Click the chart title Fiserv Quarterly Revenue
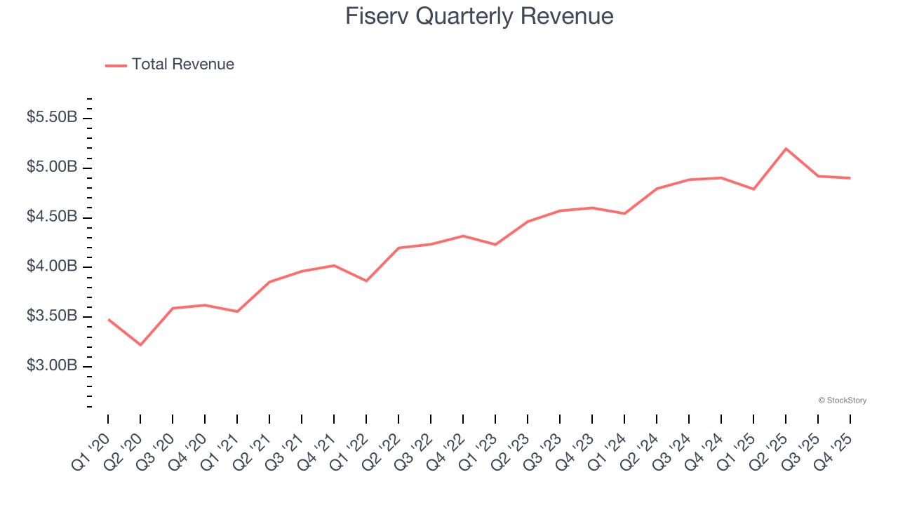tap(479, 16)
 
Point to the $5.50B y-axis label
tap(51, 118)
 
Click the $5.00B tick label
tap(51, 168)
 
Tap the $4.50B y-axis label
tap(51, 217)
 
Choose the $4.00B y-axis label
tap(51, 267)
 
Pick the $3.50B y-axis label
tap(51, 317)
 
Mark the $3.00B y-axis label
tap(51, 367)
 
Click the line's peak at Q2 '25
tap(786, 149)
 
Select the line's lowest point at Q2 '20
tap(140, 345)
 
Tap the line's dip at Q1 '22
tap(366, 281)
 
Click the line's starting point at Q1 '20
tap(108, 320)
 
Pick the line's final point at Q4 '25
tap(850, 178)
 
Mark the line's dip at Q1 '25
tap(753, 189)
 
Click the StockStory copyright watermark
tap(842, 400)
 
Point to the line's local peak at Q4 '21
tap(334, 265)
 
